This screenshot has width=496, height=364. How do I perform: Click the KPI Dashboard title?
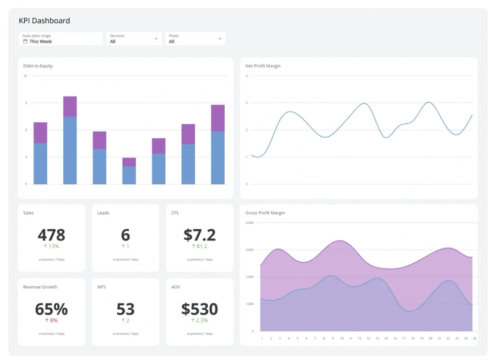point(44,21)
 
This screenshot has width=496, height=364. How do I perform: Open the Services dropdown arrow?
point(156,39)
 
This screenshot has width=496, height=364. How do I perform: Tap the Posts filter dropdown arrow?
point(220,39)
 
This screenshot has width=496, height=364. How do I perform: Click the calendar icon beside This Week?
point(25,42)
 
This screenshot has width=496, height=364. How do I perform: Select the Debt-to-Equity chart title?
point(38,66)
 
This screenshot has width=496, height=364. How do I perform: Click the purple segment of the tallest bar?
point(70,106)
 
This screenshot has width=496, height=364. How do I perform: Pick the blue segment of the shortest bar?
point(129,175)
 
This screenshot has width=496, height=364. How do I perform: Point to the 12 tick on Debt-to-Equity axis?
point(25,76)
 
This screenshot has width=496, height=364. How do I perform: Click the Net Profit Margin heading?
point(263,66)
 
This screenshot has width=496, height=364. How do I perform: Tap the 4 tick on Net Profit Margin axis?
point(247,76)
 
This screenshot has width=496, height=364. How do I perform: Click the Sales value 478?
point(51,235)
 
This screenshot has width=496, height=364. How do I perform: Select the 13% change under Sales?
point(51,246)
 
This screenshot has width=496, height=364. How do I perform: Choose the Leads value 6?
point(125,235)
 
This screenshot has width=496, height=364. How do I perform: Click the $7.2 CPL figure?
point(200,235)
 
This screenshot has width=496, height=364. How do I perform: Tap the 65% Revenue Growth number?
point(51,309)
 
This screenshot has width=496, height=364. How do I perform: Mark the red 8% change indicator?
point(51,320)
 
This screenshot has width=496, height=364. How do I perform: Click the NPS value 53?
point(125,309)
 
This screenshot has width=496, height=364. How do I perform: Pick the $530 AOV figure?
point(200,309)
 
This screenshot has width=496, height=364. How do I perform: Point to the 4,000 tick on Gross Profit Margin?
point(249,223)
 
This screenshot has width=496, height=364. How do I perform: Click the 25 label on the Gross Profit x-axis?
point(474,338)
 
